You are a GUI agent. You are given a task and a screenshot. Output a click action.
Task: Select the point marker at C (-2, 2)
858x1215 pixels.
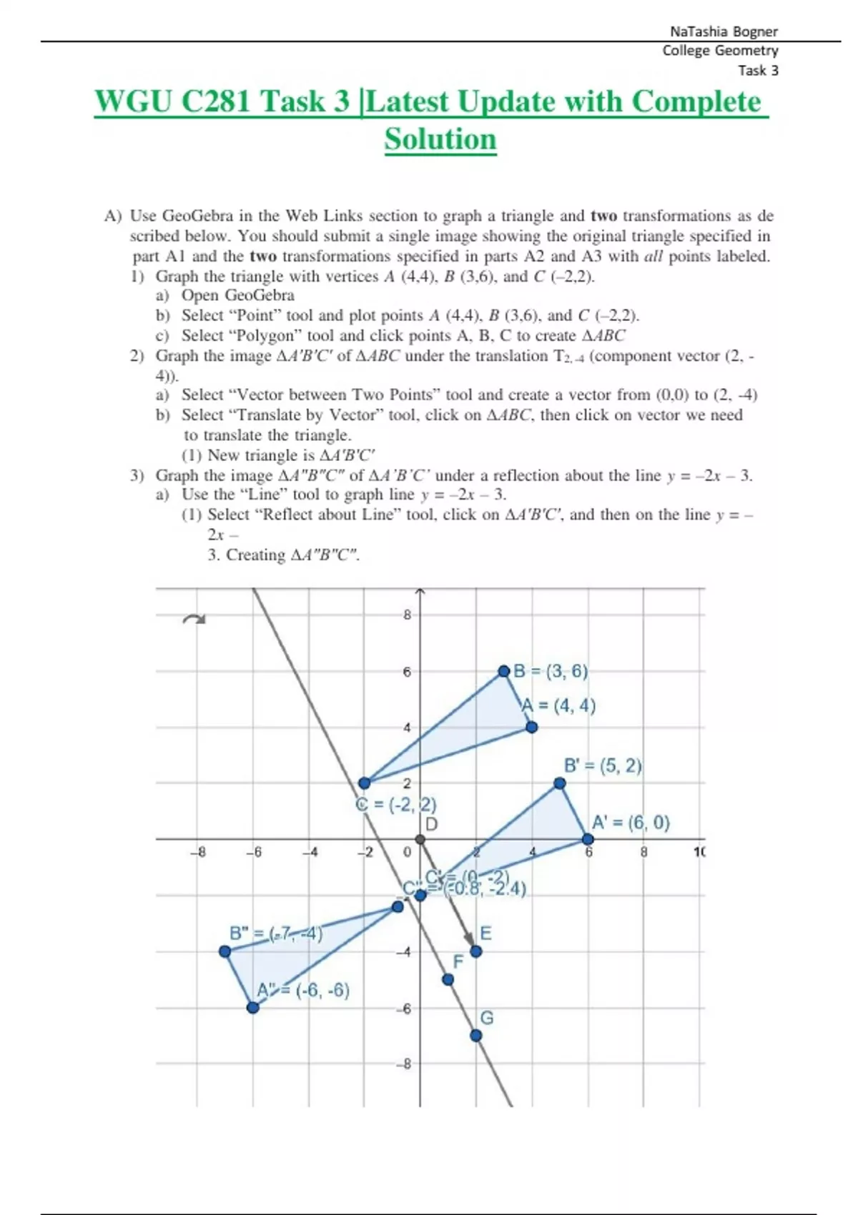pyautogui.click(x=364, y=783)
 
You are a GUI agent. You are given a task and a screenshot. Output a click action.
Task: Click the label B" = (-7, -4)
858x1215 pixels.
pyautogui.click(x=275, y=933)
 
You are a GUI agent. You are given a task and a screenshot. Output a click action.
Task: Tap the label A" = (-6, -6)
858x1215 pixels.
pyautogui.click(x=303, y=991)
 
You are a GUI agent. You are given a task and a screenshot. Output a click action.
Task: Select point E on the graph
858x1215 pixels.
pyautogui.click(x=476, y=951)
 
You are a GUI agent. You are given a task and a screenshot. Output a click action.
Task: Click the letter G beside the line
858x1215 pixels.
pyautogui.click(x=487, y=1018)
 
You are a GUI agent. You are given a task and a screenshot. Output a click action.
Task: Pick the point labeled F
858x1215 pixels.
pyautogui.click(x=448, y=980)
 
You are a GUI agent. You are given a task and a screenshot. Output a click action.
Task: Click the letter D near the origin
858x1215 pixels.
pyautogui.click(x=431, y=824)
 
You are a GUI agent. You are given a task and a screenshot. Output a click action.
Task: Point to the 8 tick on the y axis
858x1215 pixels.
pyautogui.click(x=407, y=615)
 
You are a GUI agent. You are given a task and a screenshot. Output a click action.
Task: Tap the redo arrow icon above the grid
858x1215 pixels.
pyautogui.click(x=194, y=620)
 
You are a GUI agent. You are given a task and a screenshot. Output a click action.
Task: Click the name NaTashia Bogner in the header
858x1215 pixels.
pyautogui.click(x=724, y=31)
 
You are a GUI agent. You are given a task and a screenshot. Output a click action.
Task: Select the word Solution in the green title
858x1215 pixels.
pyautogui.click(x=440, y=139)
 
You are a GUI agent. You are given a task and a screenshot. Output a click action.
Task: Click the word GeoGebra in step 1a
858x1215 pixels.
pyautogui.click(x=260, y=295)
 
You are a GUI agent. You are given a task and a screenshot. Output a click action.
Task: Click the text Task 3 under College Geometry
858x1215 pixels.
pyautogui.click(x=758, y=70)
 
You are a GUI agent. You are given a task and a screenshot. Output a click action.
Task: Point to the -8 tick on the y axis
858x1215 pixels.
pyautogui.click(x=405, y=1064)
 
